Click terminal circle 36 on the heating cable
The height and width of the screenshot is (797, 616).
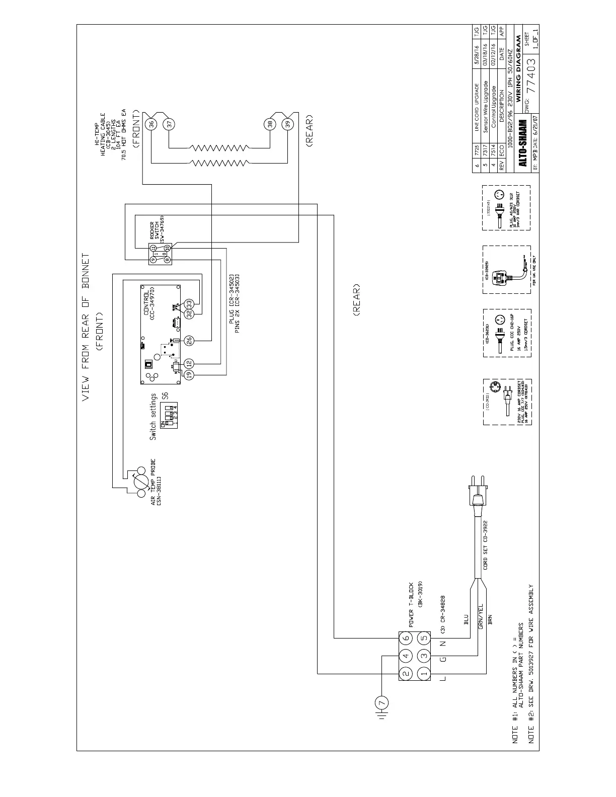pos(151,124)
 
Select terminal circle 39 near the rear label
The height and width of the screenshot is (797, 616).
pos(287,124)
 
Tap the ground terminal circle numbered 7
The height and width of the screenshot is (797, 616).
pos(381,701)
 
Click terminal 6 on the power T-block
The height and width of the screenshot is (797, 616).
pos(406,638)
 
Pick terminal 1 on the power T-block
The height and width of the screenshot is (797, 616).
pos(424,673)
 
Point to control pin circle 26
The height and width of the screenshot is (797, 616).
pos(189,341)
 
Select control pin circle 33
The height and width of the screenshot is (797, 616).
pos(189,304)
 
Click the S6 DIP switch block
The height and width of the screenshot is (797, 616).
pos(168,417)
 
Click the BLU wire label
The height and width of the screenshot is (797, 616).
pos(466,619)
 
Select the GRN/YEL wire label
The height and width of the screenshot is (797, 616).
pos(481,616)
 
